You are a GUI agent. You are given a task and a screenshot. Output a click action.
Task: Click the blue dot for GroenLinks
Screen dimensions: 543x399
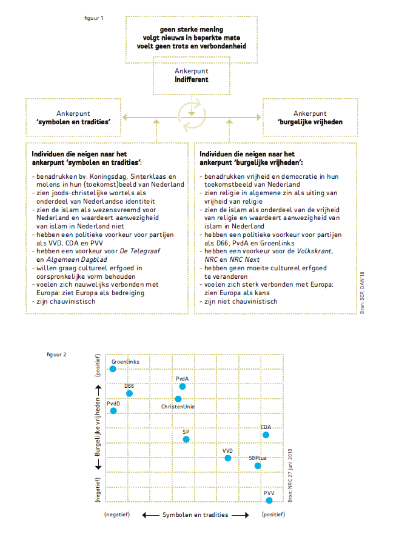pos(113,368)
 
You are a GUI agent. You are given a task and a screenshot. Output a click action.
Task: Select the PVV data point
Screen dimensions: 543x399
pos(269,500)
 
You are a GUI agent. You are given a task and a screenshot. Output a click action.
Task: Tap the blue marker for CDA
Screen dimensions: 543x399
pos(266,435)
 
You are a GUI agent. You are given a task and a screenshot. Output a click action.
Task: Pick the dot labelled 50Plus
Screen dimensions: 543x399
pos(258,465)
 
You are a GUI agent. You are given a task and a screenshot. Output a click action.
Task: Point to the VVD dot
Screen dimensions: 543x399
pos(228,458)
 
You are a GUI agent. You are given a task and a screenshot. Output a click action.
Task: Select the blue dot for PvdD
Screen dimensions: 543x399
pos(113,411)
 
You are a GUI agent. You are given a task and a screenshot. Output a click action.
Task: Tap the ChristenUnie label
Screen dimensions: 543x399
pos(178,407)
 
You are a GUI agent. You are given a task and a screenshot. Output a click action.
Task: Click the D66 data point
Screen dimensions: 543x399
pos(129,393)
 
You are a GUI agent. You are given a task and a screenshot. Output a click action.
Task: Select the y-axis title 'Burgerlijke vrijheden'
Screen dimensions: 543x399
pos(97,427)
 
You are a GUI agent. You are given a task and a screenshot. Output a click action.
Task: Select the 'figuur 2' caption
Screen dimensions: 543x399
pos(57,353)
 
